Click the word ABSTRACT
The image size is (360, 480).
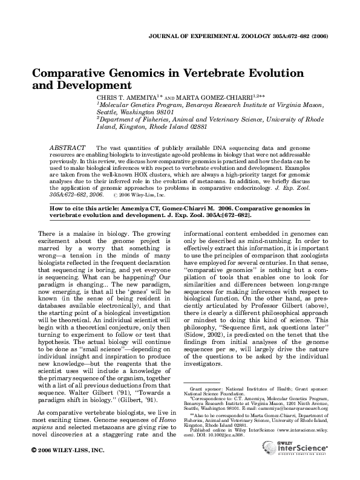(x=66, y=148)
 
